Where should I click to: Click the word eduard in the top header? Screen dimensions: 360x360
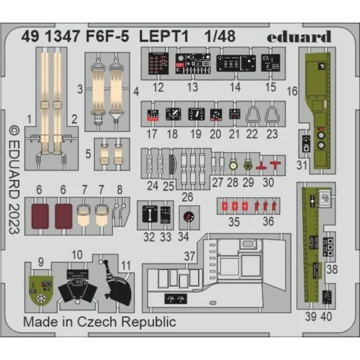coord(299,37)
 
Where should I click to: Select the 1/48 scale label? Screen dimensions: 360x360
coord(211,37)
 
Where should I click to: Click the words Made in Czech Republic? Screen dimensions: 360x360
coord(100,322)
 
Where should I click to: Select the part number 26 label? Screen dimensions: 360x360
coord(187,197)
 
